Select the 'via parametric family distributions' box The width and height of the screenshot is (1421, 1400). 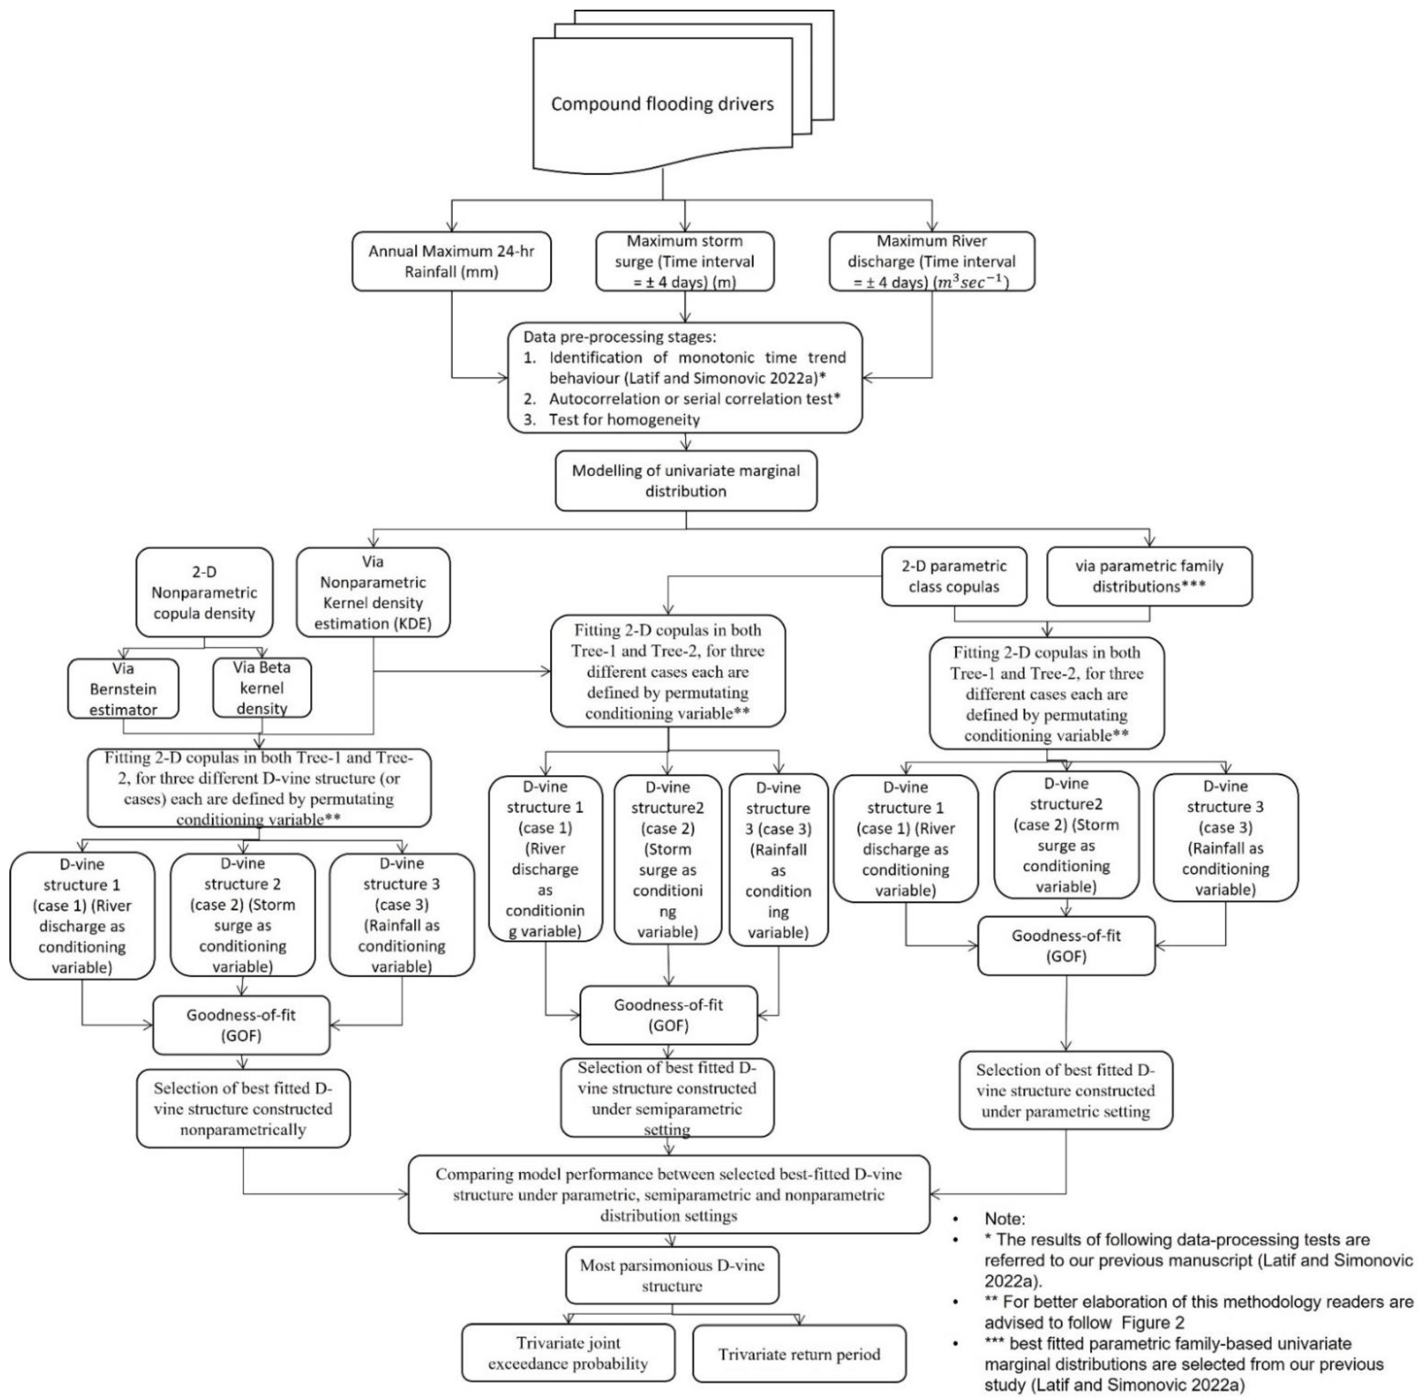point(1149,577)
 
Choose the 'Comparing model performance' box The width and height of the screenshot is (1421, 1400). point(668,1195)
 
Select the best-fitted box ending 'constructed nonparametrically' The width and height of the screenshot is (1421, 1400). point(243,1109)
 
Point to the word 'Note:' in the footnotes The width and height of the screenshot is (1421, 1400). point(1004,1219)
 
